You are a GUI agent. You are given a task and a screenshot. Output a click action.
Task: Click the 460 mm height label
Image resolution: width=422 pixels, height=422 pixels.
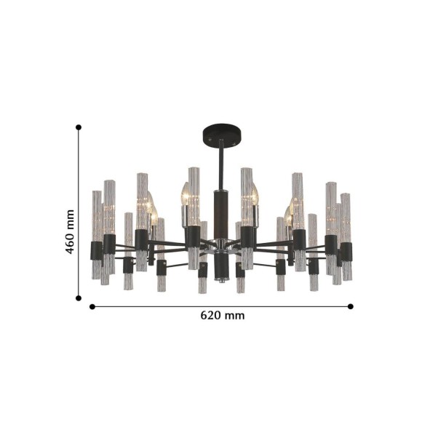70,231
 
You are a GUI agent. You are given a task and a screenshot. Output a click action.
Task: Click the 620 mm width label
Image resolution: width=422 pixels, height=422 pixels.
223,315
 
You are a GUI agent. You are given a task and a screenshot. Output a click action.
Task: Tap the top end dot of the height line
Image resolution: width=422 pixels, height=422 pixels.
79,127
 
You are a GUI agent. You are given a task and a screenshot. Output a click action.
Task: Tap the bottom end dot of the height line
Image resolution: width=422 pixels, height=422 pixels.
79,298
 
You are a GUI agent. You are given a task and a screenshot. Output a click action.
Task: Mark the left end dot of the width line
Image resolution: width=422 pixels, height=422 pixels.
92,306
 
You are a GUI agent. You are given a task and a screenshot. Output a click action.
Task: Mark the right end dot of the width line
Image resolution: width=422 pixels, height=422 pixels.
351,306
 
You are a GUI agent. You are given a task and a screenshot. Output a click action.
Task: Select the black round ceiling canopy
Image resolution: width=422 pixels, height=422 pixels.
222,135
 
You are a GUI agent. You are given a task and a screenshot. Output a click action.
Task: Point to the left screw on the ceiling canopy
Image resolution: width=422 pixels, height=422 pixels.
210,140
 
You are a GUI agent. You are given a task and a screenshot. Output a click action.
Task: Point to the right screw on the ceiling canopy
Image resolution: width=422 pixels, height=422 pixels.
234,144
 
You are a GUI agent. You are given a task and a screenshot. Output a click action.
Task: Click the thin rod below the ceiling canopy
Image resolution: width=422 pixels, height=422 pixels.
221,165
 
